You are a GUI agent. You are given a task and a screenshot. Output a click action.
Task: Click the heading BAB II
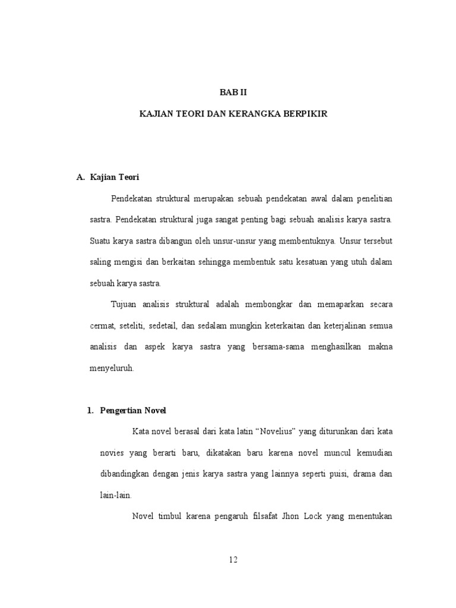pyautogui.click(x=229, y=93)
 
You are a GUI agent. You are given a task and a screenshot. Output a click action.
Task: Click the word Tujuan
pyautogui.click(x=123, y=304)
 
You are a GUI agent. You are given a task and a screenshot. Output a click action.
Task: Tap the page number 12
pyautogui.click(x=232, y=559)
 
